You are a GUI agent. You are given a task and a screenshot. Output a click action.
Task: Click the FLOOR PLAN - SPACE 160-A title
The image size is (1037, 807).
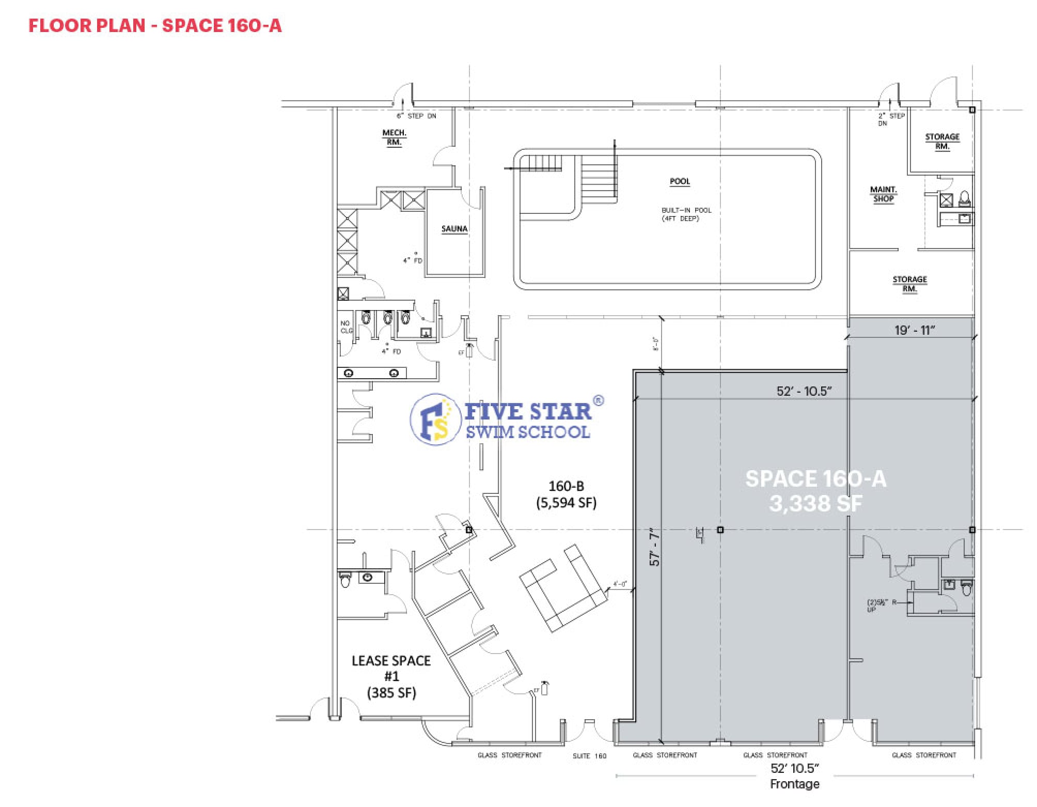tap(155, 25)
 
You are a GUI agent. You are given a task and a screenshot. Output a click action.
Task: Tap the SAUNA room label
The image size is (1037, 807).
tap(454, 229)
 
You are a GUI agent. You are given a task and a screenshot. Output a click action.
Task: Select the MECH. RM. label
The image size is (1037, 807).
tap(394, 137)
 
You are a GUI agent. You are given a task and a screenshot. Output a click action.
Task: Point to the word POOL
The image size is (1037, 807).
tap(680, 181)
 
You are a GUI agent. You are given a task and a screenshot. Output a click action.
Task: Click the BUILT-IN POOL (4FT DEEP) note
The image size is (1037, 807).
tap(686, 214)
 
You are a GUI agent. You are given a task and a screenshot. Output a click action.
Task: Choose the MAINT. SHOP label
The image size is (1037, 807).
tap(883, 194)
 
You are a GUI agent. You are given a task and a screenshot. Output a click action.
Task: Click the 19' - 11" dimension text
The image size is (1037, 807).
tap(915, 330)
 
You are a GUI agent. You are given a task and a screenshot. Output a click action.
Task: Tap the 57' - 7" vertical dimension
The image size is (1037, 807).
tap(654, 547)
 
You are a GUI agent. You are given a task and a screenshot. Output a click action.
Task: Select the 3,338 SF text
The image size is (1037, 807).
tap(815, 503)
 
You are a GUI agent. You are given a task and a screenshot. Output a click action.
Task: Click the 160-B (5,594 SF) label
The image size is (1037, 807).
tap(566, 494)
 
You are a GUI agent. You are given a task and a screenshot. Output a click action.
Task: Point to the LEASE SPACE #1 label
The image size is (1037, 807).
tap(391, 676)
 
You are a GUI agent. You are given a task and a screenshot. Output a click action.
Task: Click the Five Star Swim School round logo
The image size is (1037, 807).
tap(435, 420)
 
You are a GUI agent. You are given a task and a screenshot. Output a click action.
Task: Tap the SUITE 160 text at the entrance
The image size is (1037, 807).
tap(589, 756)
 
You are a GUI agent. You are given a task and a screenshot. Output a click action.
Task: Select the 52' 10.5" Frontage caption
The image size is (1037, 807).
tap(794, 776)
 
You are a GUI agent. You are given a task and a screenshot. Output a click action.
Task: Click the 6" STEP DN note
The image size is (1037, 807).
tap(416, 116)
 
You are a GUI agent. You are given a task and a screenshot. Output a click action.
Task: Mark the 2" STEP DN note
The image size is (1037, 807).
tap(891, 119)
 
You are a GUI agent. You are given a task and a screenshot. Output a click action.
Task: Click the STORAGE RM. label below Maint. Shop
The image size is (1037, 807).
tap(909, 284)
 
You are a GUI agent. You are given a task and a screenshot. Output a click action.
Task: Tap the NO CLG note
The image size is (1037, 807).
tap(345, 327)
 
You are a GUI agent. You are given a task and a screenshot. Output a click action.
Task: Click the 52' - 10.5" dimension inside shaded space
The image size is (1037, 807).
tap(804, 391)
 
